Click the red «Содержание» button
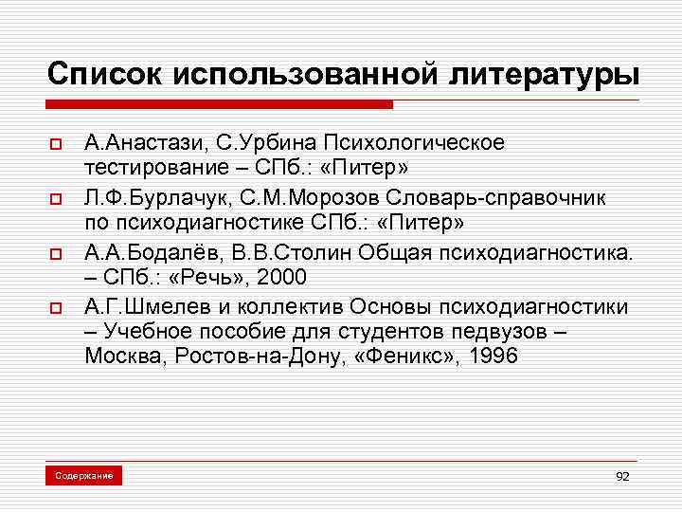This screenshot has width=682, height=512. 83,475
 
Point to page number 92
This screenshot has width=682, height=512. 622,476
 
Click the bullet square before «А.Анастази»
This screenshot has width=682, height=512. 56,145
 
